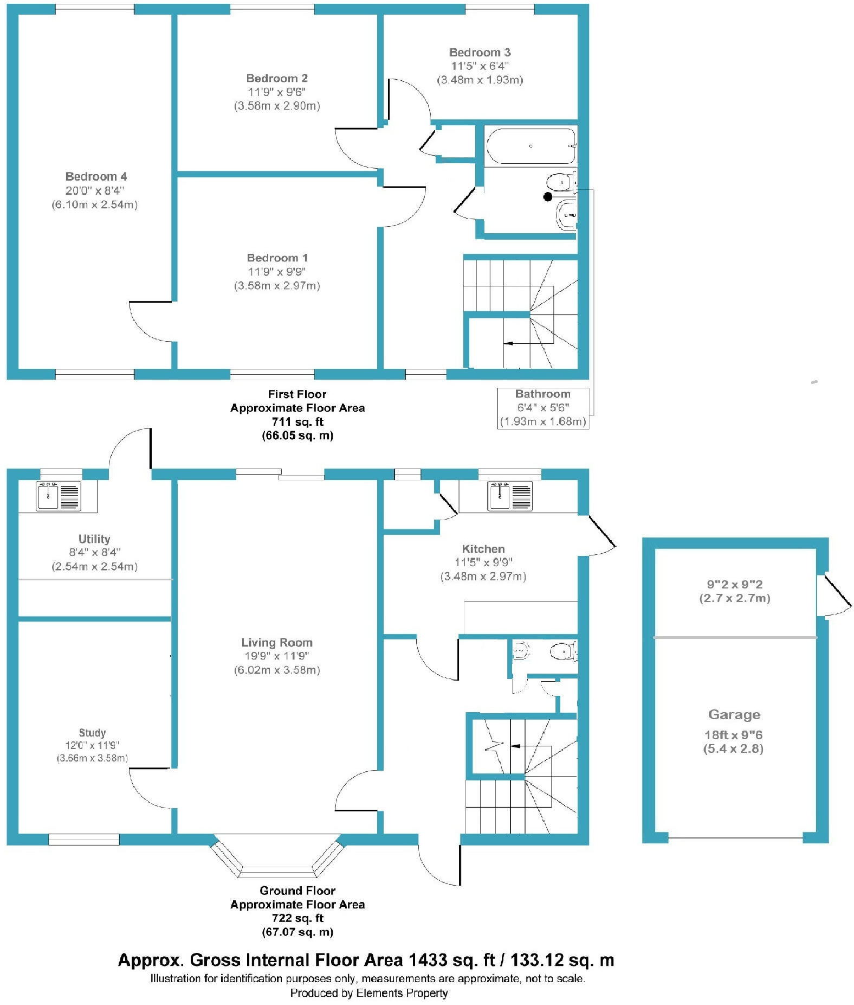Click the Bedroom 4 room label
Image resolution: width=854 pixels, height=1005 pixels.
[96, 176]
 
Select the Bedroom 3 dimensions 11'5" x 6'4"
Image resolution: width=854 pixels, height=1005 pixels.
[480, 66]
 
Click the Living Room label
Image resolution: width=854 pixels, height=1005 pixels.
[276, 642]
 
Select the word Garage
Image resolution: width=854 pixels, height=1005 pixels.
[734, 714]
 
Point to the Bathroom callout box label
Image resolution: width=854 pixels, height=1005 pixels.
[542, 394]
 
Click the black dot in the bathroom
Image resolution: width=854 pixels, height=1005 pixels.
[548, 197]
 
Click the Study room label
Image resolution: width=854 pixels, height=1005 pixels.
[92, 732]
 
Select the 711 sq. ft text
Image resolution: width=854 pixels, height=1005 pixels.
[297, 421]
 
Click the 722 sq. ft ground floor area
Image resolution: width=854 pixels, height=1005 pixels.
[297, 918]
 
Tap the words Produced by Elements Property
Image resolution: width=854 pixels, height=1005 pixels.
[368, 993]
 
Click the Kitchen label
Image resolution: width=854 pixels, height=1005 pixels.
[483, 548]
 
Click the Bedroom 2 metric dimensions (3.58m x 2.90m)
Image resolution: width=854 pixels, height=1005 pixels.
[276, 106]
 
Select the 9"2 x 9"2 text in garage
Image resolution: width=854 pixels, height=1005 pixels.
[734, 584]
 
